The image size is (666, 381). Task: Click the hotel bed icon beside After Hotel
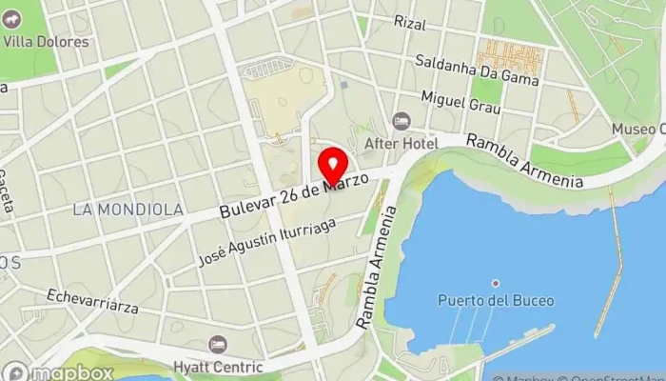coord(401,121)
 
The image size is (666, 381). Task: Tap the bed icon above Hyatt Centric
coord(218,344)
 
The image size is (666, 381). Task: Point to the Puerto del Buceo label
coord(495,301)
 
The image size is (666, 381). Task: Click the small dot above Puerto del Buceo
coord(495,283)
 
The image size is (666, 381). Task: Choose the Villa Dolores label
coord(46,42)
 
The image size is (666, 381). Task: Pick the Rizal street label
coord(410,23)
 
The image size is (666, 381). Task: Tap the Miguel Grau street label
coord(460,103)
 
